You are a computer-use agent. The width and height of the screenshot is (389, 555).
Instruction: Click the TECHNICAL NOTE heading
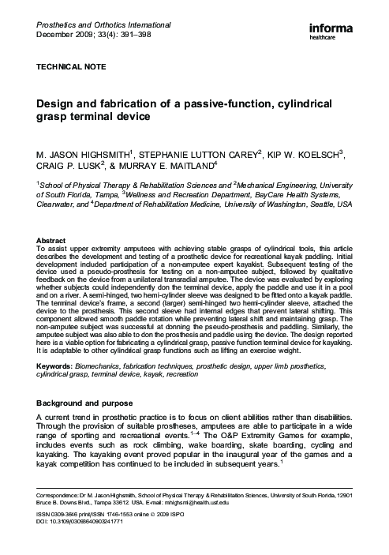(69, 69)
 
